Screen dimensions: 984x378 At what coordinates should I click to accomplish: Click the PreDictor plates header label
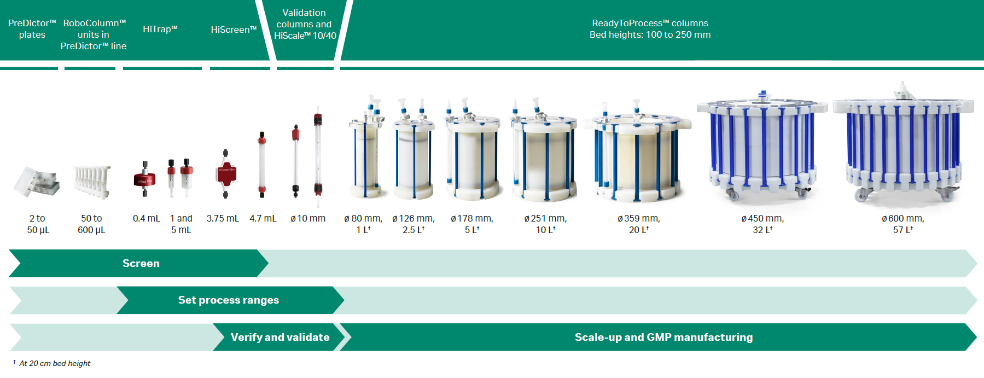(32, 29)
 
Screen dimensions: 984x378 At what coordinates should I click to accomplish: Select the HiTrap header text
(160, 29)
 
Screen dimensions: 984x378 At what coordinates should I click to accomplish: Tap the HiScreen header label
(234, 30)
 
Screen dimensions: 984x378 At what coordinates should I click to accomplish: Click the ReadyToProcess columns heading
(650, 29)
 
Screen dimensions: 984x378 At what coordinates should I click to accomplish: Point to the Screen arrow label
(141, 263)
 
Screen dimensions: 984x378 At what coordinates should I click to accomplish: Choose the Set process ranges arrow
(230, 300)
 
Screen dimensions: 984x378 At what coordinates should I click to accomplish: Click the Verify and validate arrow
(280, 337)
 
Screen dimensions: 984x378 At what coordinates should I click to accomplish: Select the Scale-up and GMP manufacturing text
(663, 337)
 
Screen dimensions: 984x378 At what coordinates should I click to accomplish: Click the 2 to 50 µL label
(38, 224)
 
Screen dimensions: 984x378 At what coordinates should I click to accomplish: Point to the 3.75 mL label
(223, 218)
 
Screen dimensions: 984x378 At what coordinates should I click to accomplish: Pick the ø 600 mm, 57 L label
(903, 224)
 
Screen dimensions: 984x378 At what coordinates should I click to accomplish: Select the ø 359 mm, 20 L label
(639, 224)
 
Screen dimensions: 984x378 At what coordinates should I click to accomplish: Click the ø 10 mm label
(308, 218)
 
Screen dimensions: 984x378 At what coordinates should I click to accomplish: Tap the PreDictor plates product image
(37, 182)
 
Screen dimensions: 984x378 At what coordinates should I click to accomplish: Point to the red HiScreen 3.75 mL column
(225, 173)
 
